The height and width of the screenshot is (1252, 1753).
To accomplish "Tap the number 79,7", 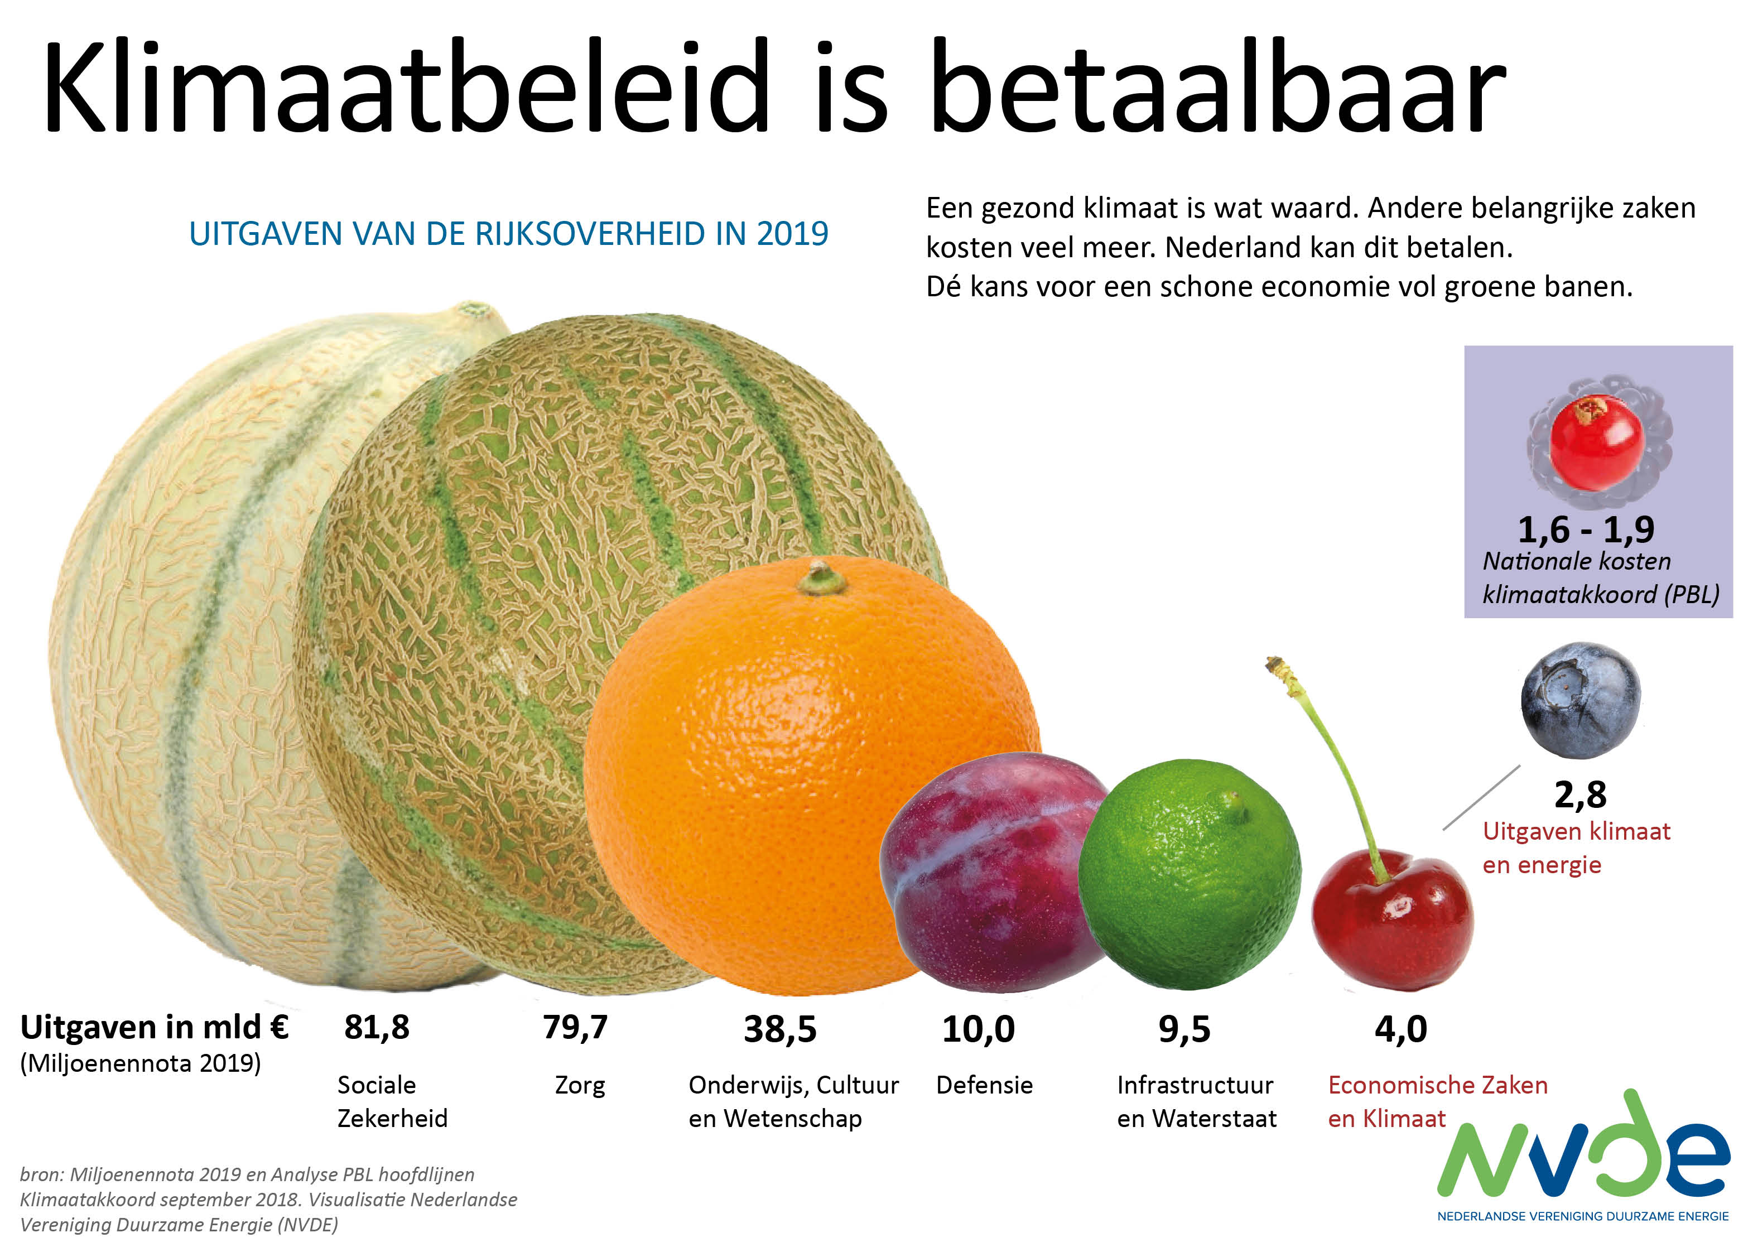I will (x=575, y=1028).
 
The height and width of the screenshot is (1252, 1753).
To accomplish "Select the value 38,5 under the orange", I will (x=779, y=1029).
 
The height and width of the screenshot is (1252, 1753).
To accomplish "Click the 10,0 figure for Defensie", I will (x=978, y=1029).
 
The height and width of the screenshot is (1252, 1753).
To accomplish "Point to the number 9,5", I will (x=1184, y=1029).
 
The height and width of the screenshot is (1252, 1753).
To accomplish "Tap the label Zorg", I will (x=580, y=1086).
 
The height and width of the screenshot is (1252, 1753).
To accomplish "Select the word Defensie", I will (x=984, y=1086).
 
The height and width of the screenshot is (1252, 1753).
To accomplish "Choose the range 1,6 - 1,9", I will (x=1586, y=529).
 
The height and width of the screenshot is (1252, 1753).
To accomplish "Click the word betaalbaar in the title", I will (x=1218, y=89).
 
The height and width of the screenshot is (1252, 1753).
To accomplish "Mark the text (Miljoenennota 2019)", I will (x=140, y=1064).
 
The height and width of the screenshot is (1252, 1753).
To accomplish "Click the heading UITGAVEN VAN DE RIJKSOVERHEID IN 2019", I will (x=509, y=234).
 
